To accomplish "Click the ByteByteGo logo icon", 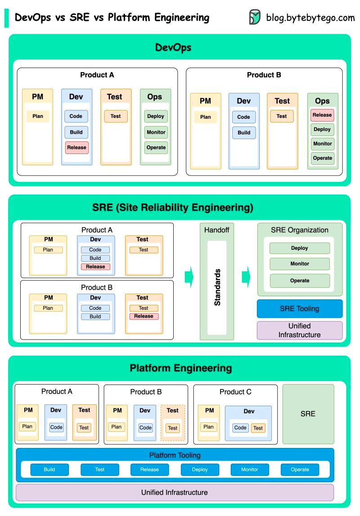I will tap(255, 17).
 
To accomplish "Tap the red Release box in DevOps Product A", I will tap(76, 147).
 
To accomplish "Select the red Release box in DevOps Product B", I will tap(322, 115).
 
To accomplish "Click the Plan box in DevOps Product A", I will tap(38, 116).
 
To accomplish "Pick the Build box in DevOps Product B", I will tap(244, 133).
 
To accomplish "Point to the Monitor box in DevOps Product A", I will tap(156, 132).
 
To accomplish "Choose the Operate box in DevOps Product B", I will tap(322, 158).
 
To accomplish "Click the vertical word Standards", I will tap(217, 287).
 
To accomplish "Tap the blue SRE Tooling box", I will tap(300, 309).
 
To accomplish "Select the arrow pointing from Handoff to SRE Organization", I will tap(246, 276).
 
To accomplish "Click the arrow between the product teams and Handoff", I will tap(189, 276).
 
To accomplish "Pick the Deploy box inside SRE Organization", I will tap(300, 248).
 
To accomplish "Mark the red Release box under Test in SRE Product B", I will tap(144, 316).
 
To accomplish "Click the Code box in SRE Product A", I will tap(95, 250).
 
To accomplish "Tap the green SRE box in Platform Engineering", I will tap(308, 414).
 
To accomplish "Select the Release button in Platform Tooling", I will tap(149, 470).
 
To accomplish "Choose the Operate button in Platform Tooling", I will tap(300, 470).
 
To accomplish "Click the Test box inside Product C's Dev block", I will tap(258, 428).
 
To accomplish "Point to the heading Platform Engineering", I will tap(180, 368).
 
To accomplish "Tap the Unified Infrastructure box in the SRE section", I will tap(300, 330).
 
